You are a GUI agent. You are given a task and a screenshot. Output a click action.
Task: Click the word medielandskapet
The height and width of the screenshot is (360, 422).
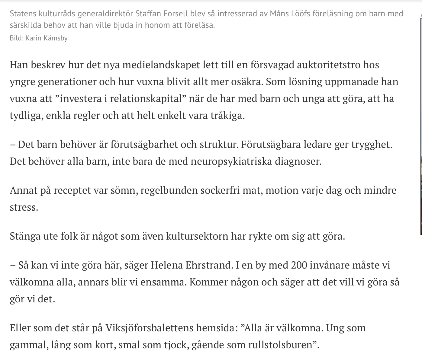point(159,65)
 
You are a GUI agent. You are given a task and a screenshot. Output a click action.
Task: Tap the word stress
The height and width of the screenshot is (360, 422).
point(24,207)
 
